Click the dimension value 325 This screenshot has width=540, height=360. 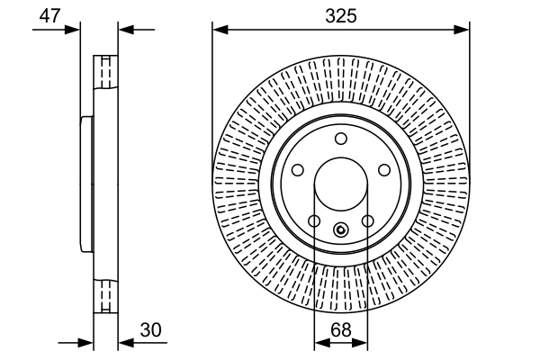[341, 15]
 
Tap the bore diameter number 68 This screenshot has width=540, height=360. [341, 330]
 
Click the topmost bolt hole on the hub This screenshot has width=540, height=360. [341, 139]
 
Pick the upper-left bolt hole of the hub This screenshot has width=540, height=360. [298, 169]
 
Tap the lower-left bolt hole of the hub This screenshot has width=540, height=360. [314, 220]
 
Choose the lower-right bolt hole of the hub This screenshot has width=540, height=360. [368, 220]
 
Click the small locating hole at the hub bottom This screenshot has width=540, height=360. [341, 229]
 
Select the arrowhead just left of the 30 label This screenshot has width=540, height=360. [124, 342]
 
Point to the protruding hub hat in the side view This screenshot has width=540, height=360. [86, 184]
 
